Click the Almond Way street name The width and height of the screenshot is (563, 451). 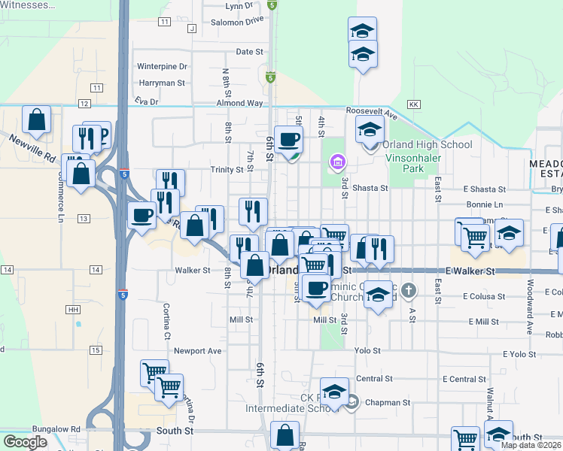tap(239, 103)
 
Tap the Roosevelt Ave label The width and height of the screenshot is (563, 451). tap(372, 110)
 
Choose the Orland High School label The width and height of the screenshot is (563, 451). tap(427, 144)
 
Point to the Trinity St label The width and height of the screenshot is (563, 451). tap(227, 170)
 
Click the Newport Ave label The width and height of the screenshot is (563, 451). tap(198, 350)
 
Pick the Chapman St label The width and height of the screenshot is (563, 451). tap(387, 403)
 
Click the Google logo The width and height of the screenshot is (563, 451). tap(25, 442)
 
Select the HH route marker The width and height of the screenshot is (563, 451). tap(73, 310)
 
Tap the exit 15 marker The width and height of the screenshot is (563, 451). tap(96, 350)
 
